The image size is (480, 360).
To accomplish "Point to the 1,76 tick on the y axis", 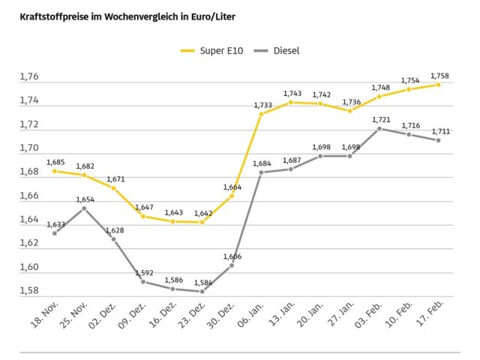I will click(30, 76).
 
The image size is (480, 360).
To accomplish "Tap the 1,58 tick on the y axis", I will click(30, 290).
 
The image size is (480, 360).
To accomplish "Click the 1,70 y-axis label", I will click(30, 148).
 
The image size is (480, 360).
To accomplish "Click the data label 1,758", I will click(439, 75).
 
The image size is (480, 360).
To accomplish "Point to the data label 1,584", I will click(202, 283).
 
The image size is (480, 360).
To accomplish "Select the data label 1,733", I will click(262, 105).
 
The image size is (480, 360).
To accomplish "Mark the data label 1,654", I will click(85, 199).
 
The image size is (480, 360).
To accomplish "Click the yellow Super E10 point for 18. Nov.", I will click(55, 171).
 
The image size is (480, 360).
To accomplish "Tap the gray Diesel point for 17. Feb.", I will click(439, 140).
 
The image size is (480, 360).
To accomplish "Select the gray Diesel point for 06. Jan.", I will click(261, 172).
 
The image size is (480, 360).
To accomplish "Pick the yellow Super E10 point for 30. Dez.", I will click(232, 196).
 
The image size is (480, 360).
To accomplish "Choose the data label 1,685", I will click(55, 161).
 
